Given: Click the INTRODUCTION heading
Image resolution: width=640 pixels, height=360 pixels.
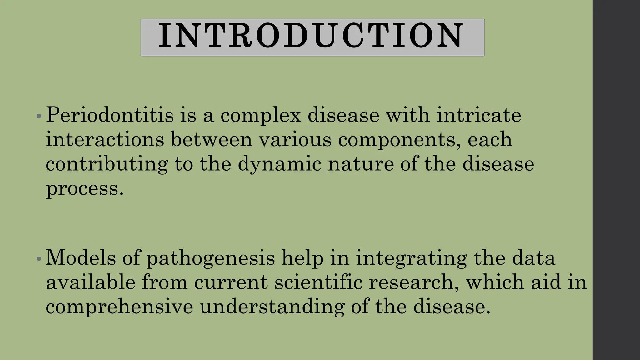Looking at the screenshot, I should tap(312, 37).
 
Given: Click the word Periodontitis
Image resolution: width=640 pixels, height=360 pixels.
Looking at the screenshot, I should tap(109, 115).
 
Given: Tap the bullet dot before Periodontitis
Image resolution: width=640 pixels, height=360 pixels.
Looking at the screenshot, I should tap(39, 116).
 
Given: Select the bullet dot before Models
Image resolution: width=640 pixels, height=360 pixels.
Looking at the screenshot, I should tap(39, 259).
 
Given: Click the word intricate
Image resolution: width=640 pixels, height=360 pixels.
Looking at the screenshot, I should tap(478, 115).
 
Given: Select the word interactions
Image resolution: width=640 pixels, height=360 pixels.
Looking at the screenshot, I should tap(105, 139).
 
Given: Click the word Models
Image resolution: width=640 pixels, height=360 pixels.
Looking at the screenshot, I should tap(81, 258).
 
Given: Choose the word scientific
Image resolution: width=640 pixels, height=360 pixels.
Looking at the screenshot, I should tap(318, 282).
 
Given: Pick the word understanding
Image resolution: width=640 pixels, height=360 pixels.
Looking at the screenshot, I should tap(272, 307).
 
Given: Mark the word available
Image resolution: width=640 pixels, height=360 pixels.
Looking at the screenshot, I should tap(91, 282).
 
